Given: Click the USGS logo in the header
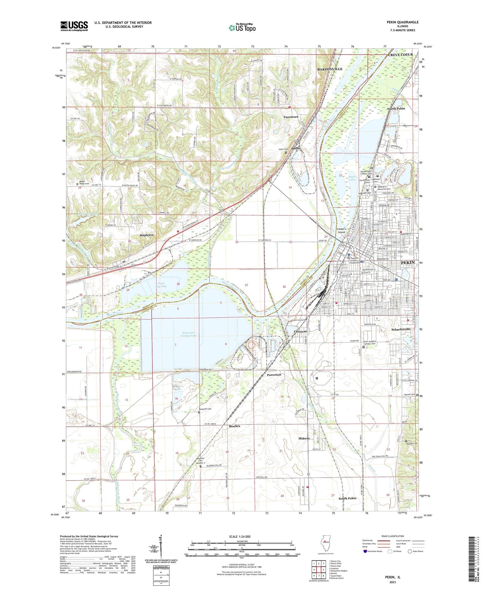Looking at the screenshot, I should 74,26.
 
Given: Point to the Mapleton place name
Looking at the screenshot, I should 146,235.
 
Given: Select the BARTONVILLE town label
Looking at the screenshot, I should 330,69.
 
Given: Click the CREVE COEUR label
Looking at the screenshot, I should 401,55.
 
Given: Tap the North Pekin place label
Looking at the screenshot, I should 396,109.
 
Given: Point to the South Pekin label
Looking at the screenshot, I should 347,498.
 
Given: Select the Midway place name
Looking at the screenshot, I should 304,438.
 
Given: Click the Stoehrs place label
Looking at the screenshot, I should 234,426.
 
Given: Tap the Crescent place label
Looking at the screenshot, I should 300,331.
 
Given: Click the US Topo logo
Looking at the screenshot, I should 242,28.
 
